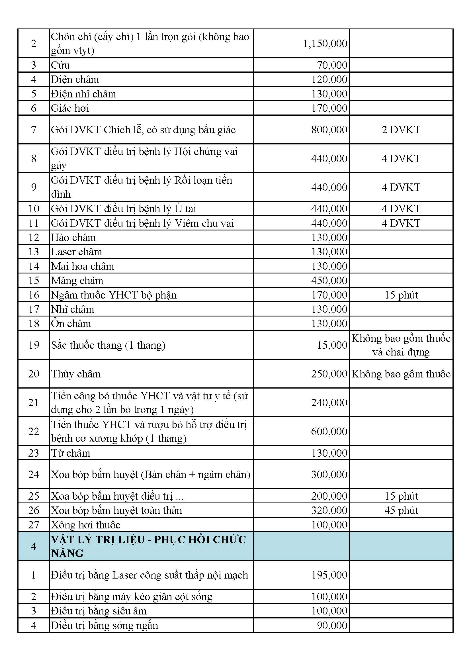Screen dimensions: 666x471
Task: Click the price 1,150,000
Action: (325, 44)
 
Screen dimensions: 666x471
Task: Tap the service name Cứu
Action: (61, 65)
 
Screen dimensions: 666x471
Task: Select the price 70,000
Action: (332, 65)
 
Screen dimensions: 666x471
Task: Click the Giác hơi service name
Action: (70, 108)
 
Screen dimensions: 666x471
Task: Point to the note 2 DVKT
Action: (401, 130)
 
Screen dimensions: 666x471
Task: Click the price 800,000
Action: (329, 130)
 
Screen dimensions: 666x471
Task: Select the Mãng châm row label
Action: (77, 281)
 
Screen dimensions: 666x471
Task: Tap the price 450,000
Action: (329, 281)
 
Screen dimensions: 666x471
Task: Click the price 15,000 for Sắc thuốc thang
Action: (332, 345)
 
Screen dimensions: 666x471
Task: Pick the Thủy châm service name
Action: (76, 374)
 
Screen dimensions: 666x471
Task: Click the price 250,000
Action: (329, 374)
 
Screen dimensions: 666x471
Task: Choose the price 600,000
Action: (329, 431)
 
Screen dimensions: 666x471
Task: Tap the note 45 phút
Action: (401, 510)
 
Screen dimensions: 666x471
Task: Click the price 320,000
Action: (329, 510)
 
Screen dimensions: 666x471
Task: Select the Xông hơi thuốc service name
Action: (85, 525)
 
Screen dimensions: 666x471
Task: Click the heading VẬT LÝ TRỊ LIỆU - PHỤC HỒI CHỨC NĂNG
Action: (148, 546)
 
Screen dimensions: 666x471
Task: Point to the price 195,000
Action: (329, 575)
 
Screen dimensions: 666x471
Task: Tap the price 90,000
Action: (332, 625)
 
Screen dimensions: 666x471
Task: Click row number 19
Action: (34, 345)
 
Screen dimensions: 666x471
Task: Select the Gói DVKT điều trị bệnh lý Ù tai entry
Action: (124, 209)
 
